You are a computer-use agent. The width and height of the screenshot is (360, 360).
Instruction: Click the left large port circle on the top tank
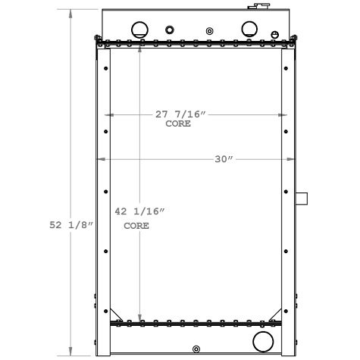(x=140, y=30)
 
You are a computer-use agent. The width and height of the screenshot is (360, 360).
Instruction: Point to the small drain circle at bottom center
(x=196, y=349)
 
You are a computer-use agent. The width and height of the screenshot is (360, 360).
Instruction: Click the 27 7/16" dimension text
(x=181, y=114)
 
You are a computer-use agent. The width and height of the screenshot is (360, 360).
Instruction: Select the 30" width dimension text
(x=223, y=159)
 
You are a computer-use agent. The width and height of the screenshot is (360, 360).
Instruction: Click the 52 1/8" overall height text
(x=69, y=224)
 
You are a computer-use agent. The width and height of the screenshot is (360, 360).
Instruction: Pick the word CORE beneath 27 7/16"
(x=178, y=124)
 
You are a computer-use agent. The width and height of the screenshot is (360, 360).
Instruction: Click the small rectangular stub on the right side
(x=302, y=199)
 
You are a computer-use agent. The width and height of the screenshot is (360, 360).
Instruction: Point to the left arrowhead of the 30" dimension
(x=99, y=159)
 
